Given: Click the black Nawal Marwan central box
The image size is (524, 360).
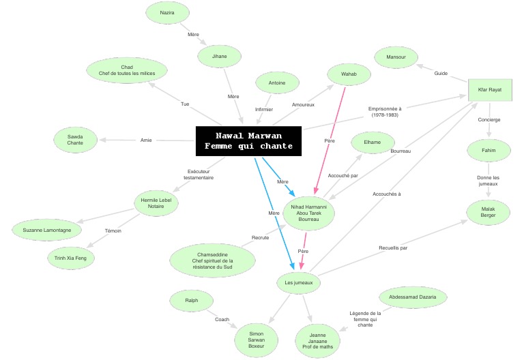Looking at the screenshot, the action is tap(248, 141).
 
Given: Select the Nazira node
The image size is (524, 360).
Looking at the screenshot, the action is tap(167, 13).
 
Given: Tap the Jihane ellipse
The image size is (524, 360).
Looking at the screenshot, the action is tap(219, 57).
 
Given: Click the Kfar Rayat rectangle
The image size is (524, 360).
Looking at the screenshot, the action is tap(490, 90).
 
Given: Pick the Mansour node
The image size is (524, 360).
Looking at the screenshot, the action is tap(396, 57).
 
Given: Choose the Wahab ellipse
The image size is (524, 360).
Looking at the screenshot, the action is tap(349, 74).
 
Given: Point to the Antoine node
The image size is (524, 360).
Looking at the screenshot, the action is tap(277, 82).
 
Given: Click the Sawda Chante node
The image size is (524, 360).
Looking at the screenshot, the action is tap(75, 140).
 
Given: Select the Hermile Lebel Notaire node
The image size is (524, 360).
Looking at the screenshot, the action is tap(156, 203).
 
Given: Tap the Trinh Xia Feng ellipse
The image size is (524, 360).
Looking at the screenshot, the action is tap(70, 258).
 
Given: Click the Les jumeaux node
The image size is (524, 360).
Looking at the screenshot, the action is tap(299, 283).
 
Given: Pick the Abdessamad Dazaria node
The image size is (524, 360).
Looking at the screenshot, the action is tap(413, 297).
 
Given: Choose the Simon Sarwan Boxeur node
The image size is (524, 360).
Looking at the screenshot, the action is tap(257, 340).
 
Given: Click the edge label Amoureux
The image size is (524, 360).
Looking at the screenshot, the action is tap(303, 105).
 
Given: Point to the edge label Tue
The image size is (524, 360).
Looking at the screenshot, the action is tap(185, 104).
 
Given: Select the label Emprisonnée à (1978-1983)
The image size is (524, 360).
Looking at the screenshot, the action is tap(385, 112).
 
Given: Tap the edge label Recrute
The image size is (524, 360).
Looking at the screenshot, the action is tap(261, 238).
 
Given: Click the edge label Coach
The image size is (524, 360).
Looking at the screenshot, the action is tap(222, 320).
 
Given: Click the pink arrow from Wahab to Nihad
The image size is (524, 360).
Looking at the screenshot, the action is tap(330, 141).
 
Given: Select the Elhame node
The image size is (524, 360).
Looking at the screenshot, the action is tap(373, 142).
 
